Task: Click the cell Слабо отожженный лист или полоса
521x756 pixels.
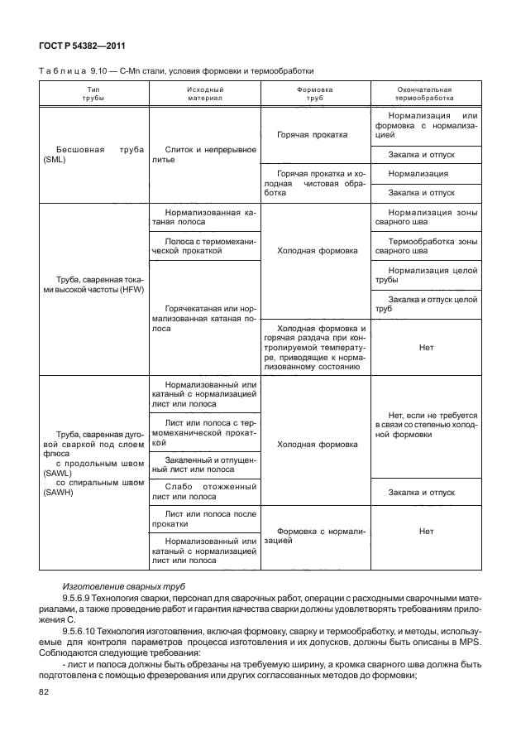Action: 204,492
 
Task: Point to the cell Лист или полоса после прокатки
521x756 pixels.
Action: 204,519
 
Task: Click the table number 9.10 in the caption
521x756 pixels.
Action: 101,71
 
